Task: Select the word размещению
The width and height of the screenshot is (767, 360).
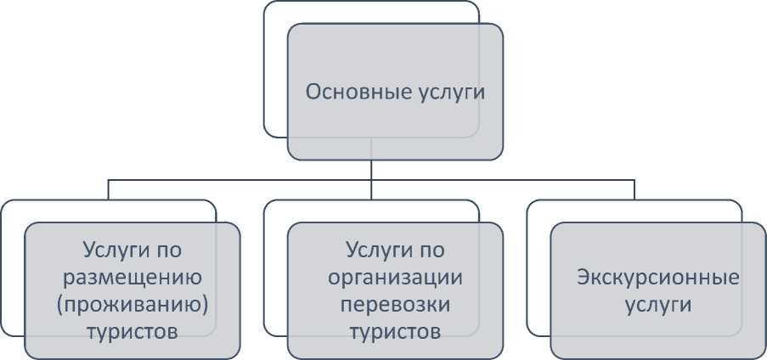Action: tap(132, 277)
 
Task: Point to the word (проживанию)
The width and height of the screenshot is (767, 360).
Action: tap(132, 303)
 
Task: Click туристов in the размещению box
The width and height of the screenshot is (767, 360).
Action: tap(132, 330)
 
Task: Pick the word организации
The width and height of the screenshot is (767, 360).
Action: tap(395, 277)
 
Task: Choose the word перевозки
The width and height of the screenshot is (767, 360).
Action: tap(395, 303)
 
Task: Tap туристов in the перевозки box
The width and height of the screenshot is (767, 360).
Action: tap(395, 330)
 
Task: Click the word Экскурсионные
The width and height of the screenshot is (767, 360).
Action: tap(657, 277)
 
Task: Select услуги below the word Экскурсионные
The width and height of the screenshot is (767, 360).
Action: tap(657, 304)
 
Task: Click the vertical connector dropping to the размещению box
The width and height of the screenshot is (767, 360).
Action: tap(108, 189)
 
